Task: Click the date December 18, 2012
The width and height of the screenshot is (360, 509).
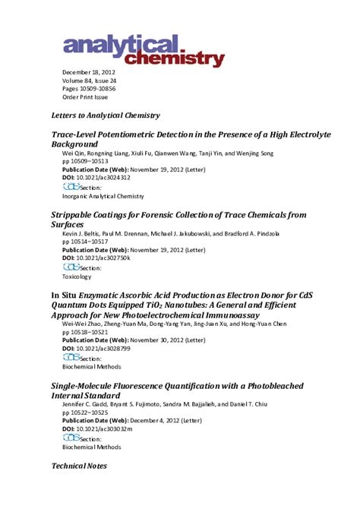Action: (x=89, y=72)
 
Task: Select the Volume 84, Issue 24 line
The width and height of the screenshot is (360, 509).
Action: (x=90, y=81)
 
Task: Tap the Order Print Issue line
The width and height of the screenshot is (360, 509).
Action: (x=85, y=97)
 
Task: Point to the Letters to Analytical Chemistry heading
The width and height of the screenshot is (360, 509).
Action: (x=105, y=115)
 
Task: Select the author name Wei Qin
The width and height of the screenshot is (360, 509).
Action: (x=74, y=153)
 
